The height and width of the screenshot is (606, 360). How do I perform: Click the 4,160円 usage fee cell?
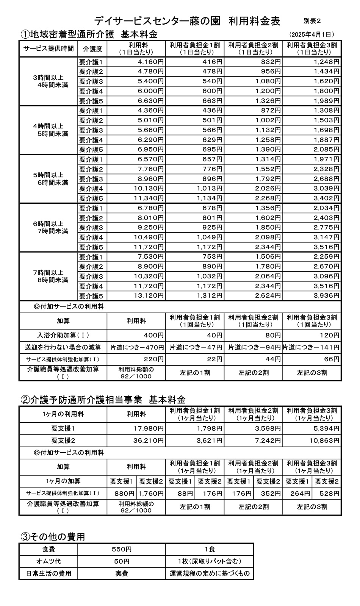[150, 62]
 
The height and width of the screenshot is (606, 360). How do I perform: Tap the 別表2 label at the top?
[312, 21]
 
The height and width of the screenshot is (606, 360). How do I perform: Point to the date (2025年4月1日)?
[311, 34]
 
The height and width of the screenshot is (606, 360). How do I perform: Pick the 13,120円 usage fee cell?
[149, 296]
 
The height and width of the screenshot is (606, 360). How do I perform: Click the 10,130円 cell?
[149, 189]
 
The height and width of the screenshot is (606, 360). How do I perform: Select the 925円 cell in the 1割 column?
[212, 228]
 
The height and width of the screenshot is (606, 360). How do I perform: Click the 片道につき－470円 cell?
[137, 347]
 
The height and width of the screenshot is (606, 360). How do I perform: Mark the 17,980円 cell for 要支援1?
[149, 428]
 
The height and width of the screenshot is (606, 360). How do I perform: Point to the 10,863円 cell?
[324, 440]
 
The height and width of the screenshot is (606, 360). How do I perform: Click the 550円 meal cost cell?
[121, 549]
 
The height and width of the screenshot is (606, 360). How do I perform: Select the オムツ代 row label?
[48, 561]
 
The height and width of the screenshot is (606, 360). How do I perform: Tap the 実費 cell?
[121, 573]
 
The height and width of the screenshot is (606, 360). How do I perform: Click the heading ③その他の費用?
[53, 537]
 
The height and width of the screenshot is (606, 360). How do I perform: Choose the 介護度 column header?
[92, 49]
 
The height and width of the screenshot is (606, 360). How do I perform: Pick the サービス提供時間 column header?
[48, 49]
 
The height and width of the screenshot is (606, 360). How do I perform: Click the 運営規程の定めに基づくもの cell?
[210, 573]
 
